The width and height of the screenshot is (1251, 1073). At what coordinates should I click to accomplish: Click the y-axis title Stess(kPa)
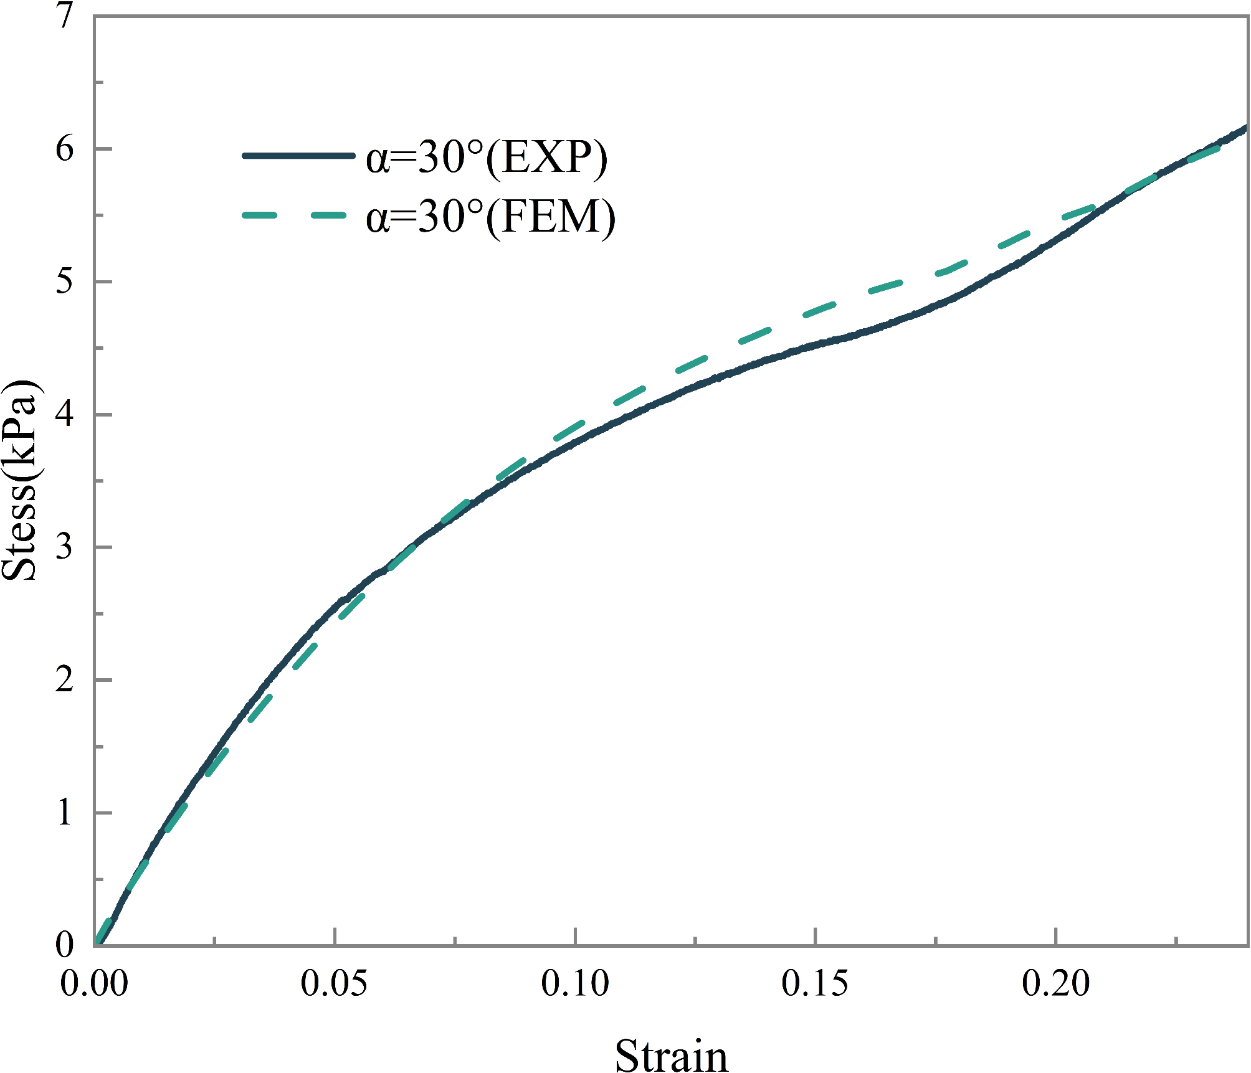pyautogui.click(x=20, y=480)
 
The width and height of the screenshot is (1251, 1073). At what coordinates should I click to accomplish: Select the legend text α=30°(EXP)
pyautogui.click(x=487, y=158)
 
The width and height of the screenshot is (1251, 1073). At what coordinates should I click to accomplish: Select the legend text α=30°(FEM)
pyautogui.click(x=491, y=217)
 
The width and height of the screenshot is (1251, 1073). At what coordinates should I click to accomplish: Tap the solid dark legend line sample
pyautogui.click(x=298, y=156)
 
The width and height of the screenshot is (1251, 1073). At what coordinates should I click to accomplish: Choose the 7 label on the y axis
pyautogui.click(x=65, y=16)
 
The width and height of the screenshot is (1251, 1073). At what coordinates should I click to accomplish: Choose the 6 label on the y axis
pyautogui.click(x=65, y=149)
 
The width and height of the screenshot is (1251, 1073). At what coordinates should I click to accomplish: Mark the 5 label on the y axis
pyautogui.click(x=65, y=281)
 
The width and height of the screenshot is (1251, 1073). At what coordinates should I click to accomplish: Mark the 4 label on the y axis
pyautogui.click(x=65, y=414)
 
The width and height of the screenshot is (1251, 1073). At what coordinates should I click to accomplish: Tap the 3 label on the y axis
pyautogui.click(x=65, y=547)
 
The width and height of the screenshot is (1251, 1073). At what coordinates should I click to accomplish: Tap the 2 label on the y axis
pyautogui.click(x=65, y=679)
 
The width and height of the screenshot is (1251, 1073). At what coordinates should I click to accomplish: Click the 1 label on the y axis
pyautogui.click(x=65, y=813)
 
